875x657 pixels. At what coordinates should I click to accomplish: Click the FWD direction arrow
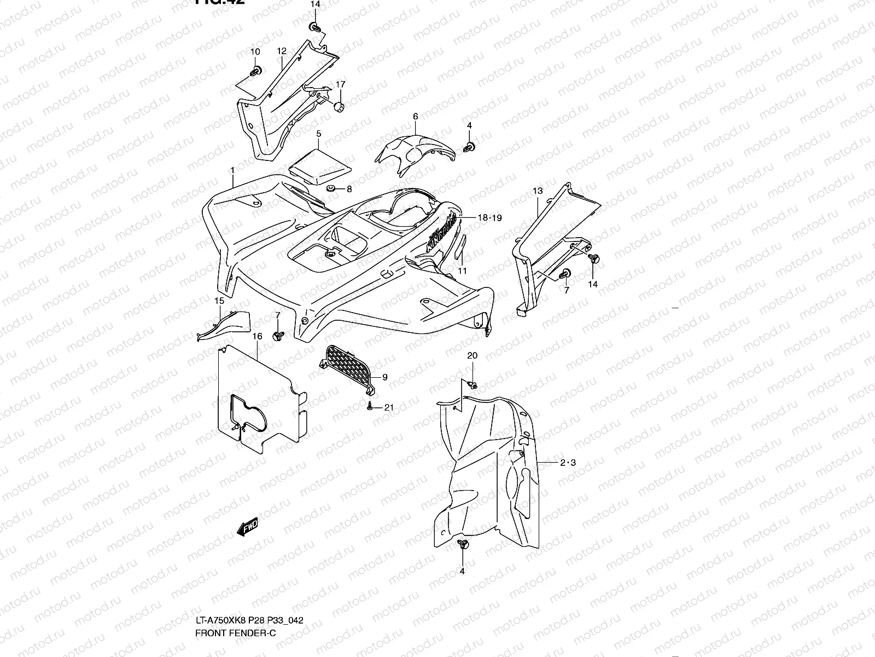[x=247, y=527]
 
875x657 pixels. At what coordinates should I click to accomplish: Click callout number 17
[x=340, y=84]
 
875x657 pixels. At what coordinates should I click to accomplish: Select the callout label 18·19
[x=489, y=218]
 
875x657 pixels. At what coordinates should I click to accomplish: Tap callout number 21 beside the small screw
[x=389, y=407]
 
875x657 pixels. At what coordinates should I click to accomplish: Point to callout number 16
[x=258, y=336]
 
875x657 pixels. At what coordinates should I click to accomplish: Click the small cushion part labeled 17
[x=340, y=107]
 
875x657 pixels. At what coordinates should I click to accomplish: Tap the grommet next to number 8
[x=331, y=189]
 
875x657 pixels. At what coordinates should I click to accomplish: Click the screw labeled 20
[x=473, y=385]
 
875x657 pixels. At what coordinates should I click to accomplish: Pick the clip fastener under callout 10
[x=255, y=70]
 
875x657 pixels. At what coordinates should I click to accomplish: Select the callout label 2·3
[x=568, y=463]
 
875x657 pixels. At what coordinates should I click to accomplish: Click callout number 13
[x=537, y=191]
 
